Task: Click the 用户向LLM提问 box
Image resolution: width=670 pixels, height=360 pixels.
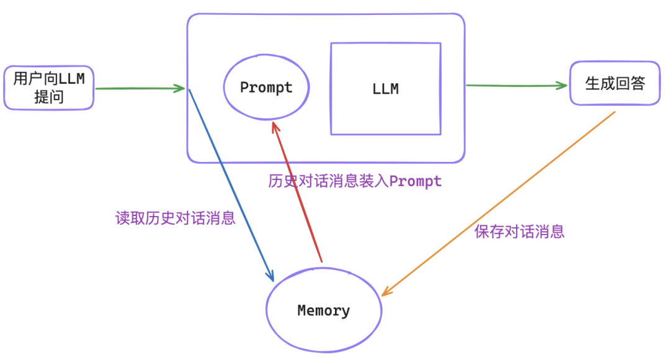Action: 49,88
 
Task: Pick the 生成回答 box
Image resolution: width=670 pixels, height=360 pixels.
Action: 615,83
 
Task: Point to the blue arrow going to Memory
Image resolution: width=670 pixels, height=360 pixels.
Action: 231,186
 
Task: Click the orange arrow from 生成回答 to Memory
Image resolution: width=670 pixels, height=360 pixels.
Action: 498,204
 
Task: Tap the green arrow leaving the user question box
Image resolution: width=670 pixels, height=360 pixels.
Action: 140,89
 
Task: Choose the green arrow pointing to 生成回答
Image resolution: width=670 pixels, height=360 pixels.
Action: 517,86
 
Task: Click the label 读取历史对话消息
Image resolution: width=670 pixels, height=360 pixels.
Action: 175,218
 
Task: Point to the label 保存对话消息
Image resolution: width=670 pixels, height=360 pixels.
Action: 519,232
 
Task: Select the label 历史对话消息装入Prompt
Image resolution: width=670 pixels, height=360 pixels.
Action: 355,181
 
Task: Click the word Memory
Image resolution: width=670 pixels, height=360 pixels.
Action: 323,310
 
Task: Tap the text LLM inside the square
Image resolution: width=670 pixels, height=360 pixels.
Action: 385,89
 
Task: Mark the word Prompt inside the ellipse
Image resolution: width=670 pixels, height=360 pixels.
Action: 266,88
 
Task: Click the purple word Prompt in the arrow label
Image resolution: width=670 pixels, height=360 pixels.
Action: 415,182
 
